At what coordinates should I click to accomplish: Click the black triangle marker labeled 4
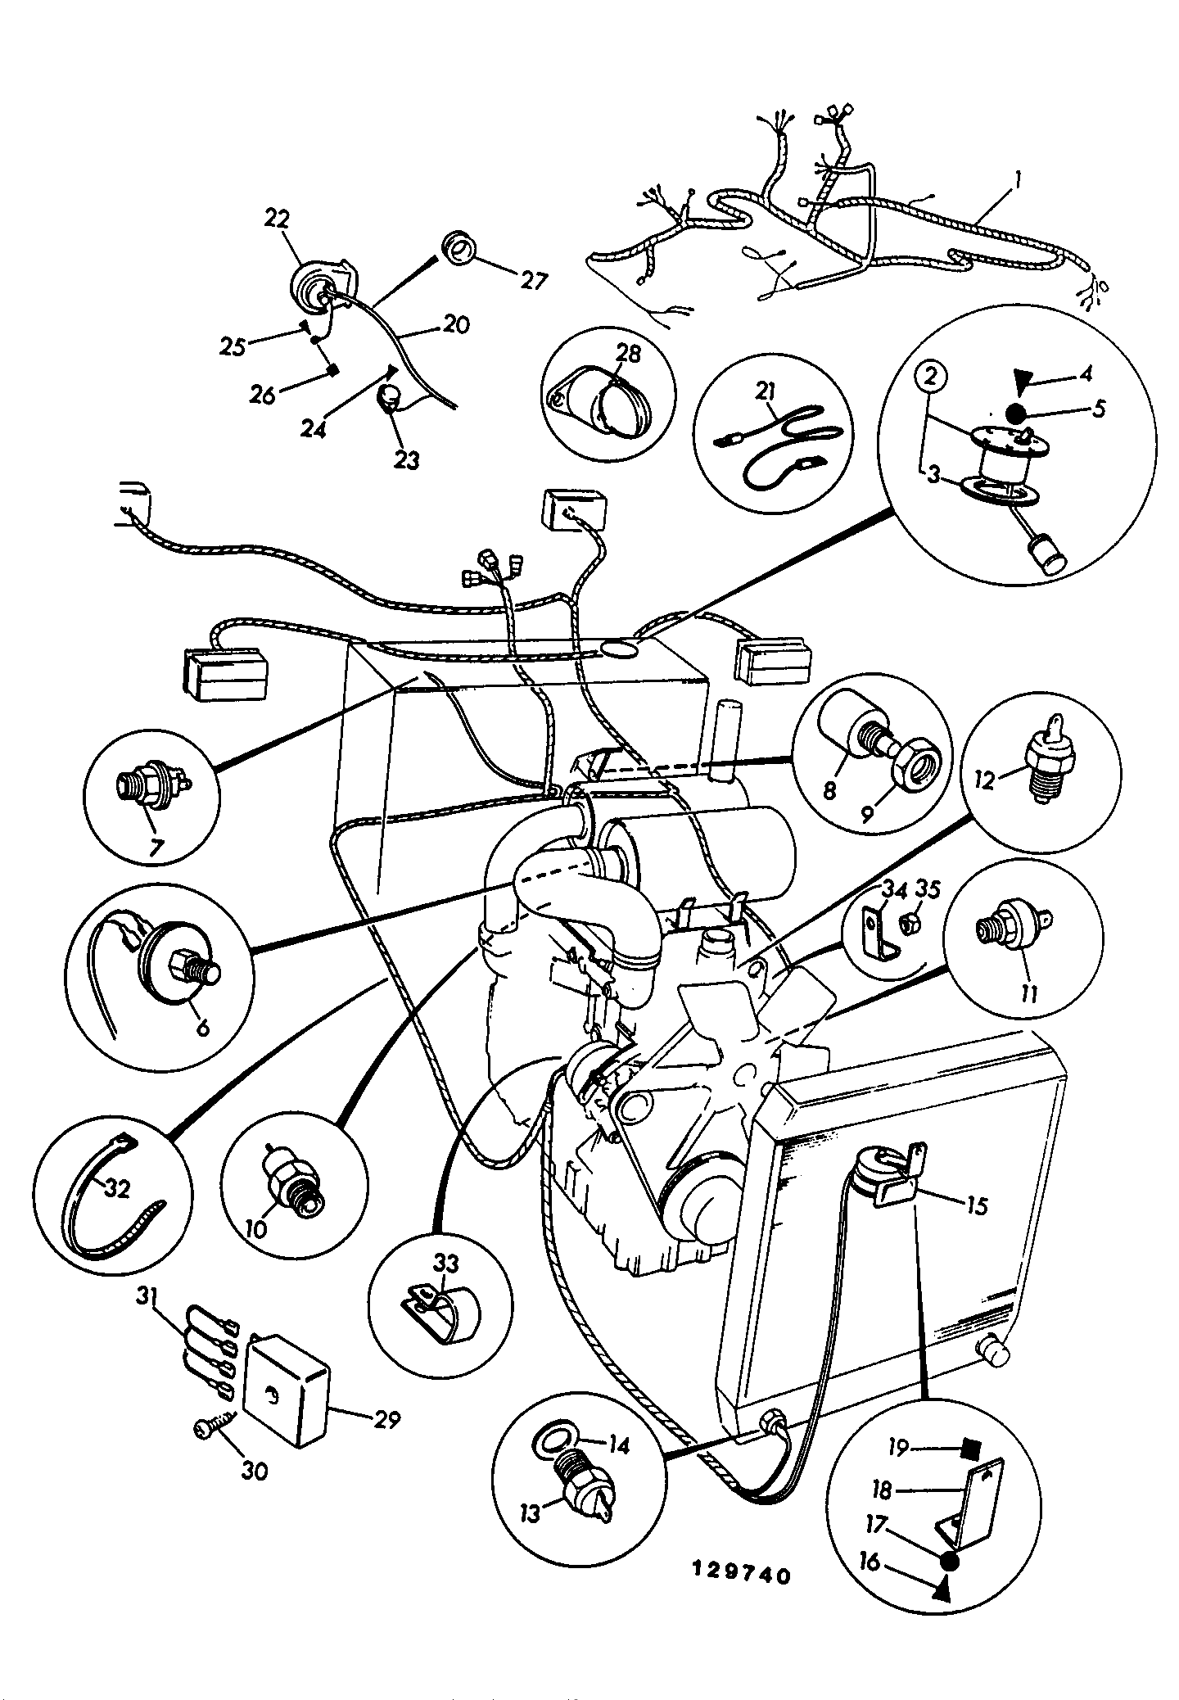point(1022,380)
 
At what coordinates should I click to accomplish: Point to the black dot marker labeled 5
point(1018,414)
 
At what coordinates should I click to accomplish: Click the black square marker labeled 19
point(972,1449)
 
